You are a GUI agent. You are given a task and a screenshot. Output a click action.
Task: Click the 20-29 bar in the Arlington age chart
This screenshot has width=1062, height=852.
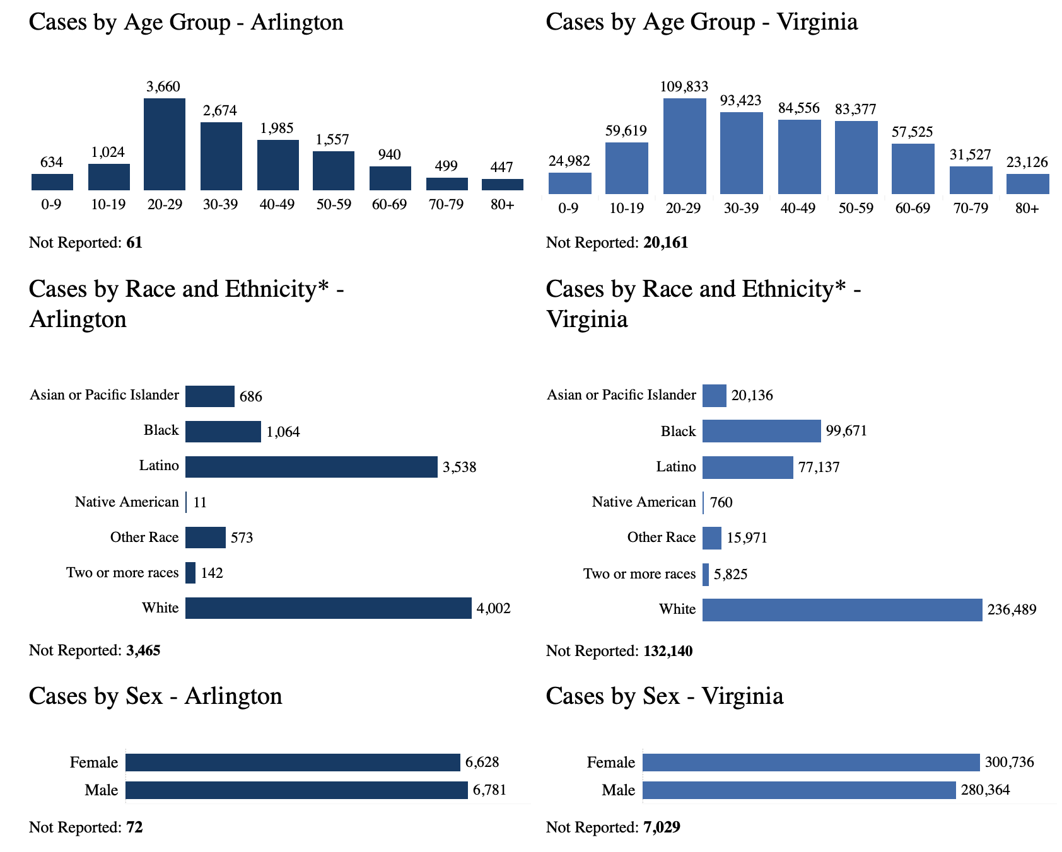click(x=165, y=144)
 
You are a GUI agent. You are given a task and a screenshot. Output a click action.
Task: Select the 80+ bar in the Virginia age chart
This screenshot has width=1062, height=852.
click(x=1027, y=183)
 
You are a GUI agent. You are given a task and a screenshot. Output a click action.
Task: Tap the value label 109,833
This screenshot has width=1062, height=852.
click(x=684, y=86)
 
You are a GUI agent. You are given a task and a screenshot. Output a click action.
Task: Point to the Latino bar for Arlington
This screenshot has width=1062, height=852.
click(x=311, y=467)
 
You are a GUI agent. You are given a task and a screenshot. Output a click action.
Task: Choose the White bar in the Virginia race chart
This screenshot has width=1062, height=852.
click(x=842, y=609)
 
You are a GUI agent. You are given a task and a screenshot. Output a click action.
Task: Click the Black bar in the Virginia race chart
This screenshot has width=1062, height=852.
click(x=761, y=431)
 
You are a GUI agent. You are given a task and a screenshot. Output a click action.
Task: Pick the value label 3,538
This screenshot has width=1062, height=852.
click(x=459, y=468)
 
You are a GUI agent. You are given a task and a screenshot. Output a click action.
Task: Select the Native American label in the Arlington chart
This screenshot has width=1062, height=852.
click(x=127, y=502)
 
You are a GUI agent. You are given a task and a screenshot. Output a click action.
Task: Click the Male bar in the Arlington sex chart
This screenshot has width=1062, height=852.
click(x=296, y=790)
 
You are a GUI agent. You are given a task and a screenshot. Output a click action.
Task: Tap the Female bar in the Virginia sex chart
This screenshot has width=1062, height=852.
click(x=811, y=763)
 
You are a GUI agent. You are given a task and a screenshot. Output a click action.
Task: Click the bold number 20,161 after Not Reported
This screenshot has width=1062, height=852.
click(x=665, y=243)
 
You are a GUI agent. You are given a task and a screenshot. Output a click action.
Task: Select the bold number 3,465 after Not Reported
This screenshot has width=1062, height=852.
click(x=143, y=650)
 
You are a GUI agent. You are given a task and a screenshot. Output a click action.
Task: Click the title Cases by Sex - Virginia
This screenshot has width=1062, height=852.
click(x=664, y=696)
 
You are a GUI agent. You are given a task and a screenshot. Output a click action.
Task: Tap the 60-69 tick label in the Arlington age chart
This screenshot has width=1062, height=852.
click(x=390, y=205)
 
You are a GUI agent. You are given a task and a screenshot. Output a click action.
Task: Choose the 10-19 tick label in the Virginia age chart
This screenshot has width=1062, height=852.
click(x=626, y=208)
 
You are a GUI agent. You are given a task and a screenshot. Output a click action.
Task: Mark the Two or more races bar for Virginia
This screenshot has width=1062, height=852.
click(x=706, y=574)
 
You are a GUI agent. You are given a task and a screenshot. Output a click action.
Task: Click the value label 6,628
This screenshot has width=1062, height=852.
click(x=482, y=763)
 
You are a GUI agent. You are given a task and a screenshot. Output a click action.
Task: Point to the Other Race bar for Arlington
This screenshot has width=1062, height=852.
click(x=205, y=538)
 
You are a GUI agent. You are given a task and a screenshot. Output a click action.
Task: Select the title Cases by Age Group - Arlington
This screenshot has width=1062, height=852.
click(x=186, y=23)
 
